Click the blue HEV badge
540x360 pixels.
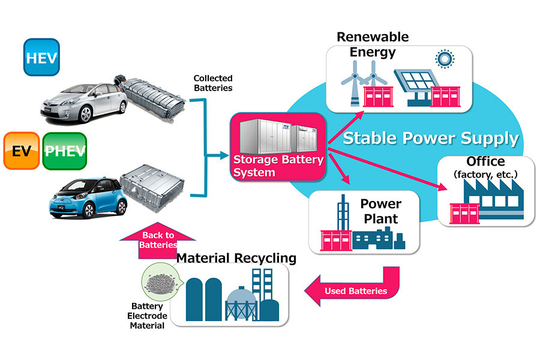click(x=41, y=57)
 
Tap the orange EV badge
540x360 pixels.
click(x=22, y=151)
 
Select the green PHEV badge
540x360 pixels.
click(x=65, y=151)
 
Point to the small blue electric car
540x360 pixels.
click(x=88, y=198)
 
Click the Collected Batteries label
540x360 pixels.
click(x=213, y=83)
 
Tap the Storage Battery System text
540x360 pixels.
click(x=278, y=166)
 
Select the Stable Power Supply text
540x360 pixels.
click(x=430, y=139)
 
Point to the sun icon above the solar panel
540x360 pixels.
click(x=445, y=59)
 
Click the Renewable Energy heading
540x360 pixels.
click(x=373, y=44)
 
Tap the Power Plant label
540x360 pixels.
click(x=381, y=211)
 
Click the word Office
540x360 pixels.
click(x=485, y=161)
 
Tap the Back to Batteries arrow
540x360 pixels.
click(x=157, y=241)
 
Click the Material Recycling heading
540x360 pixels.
click(x=236, y=258)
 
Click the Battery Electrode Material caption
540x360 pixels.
click(x=147, y=316)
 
